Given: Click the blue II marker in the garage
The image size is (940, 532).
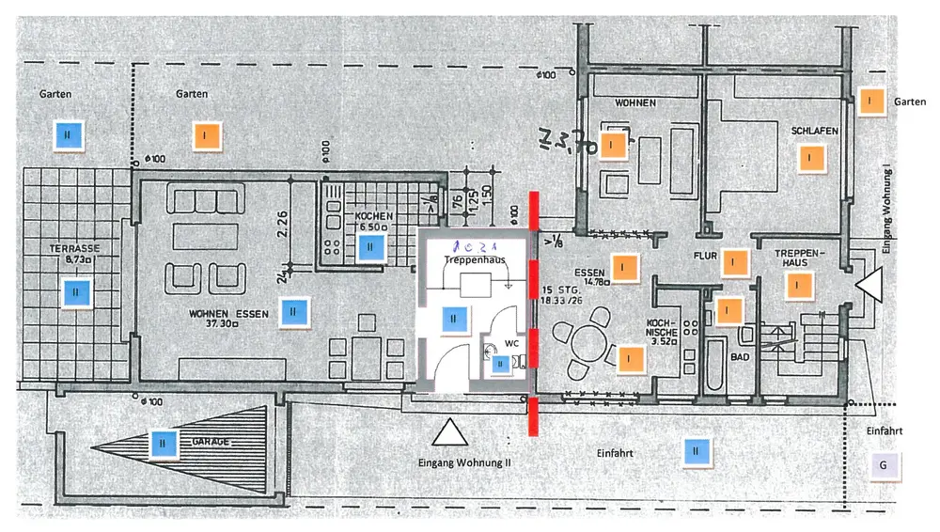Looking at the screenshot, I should pyautogui.click(x=163, y=440).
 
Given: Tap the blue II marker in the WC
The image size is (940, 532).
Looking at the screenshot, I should pyautogui.click(x=500, y=364).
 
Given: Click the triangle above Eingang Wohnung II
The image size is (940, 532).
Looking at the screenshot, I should pyautogui.click(x=450, y=432).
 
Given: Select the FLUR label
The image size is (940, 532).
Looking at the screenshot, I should pyautogui.click(x=706, y=255).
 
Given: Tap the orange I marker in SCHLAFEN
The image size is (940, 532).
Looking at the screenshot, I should pyautogui.click(x=807, y=158).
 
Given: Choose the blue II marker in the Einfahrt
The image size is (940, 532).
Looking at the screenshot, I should pyautogui.click(x=696, y=452).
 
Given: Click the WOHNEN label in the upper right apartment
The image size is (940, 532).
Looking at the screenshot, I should pyautogui.click(x=635, y=102).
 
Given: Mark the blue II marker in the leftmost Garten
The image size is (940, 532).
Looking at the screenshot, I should pyautogui.click(x=68, y=135).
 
